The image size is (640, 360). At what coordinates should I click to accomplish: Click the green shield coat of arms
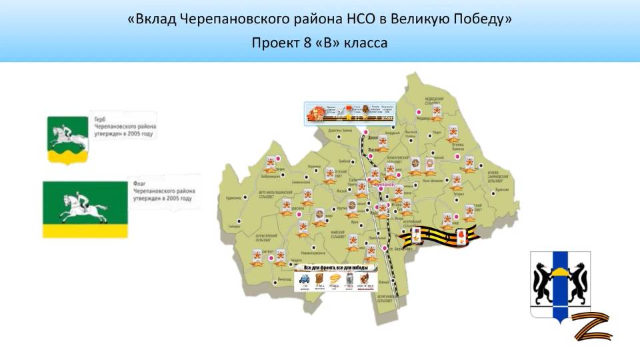67,141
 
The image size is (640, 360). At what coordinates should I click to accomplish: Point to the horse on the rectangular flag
83,207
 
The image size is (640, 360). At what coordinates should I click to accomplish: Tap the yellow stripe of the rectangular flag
85,231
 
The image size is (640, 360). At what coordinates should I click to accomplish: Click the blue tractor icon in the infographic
304,279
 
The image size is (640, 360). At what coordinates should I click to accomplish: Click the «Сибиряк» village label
233,226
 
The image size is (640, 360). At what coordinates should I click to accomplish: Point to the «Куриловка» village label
233,197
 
